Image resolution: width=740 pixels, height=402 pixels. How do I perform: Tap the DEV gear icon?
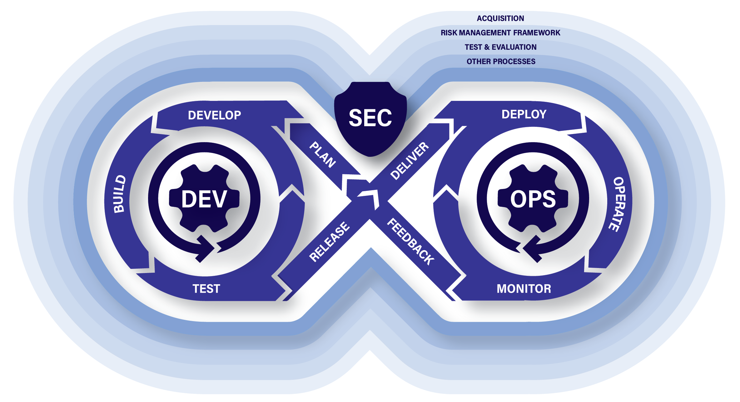point(204,199)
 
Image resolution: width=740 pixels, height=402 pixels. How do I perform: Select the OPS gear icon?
point(533,199)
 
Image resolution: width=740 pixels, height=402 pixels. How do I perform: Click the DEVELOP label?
point(215,115)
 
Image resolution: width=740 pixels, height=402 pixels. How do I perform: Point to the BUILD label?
point(120,194)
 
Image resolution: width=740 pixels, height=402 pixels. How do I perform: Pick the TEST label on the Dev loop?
point(206,289)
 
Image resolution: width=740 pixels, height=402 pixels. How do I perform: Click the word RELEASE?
point(329,241)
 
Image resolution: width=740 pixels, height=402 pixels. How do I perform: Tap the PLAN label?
point(323,155)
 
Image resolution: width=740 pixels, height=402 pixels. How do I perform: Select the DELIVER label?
point(410,161)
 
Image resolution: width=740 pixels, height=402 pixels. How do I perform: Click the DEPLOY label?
point(524,114)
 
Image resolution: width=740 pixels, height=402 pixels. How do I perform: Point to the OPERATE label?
point(618,204)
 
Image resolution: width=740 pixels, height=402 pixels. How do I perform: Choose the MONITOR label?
point(524,289)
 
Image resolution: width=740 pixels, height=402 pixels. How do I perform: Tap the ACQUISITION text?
point(500,18)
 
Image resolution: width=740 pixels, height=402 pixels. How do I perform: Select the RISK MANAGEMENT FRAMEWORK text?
point(500,33)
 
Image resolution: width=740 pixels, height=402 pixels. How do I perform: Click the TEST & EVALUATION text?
point(500,47)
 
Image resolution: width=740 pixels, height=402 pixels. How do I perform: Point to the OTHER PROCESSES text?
point(501,62)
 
